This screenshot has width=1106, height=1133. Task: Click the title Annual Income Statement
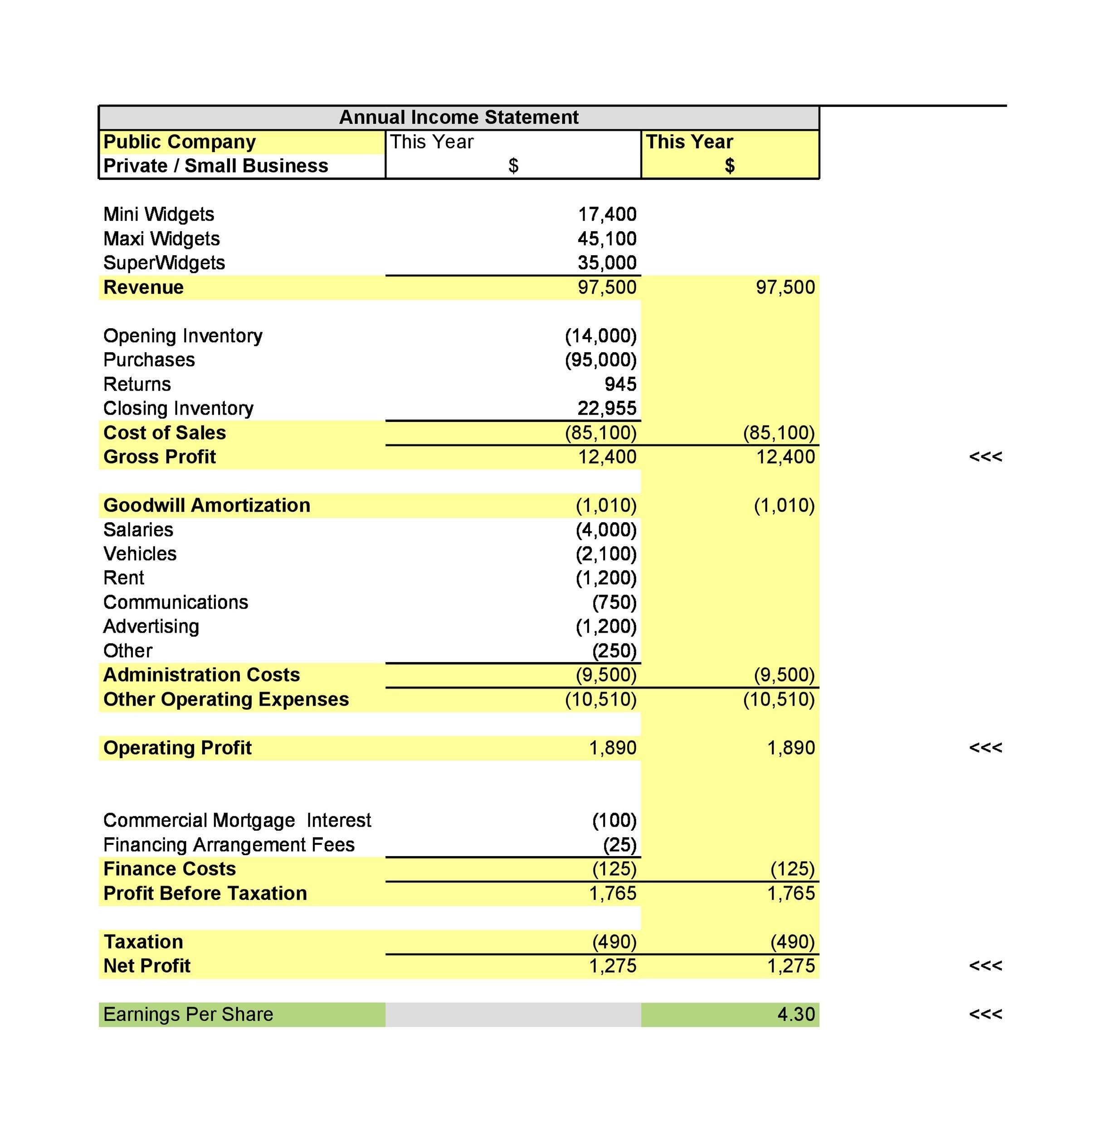(458, 117)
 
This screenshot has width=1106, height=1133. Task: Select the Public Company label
(180, 141)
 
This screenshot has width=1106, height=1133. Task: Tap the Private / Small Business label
(215, 166)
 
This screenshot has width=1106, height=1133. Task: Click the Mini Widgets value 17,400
(607, 214)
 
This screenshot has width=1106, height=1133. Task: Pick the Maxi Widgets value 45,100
(607, 238)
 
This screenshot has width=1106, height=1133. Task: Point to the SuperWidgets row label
(164, 263)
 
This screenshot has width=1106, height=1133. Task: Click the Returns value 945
(620, 384)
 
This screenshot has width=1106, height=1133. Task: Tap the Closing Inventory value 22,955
(607, 409)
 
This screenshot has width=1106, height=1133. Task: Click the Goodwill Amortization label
(207, 506)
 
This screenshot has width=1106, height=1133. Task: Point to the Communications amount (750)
(614, 602)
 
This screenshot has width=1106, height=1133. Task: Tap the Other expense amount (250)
(614, 651)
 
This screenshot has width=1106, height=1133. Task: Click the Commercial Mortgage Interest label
(237, 820)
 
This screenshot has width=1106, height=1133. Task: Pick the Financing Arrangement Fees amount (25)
(620, 844)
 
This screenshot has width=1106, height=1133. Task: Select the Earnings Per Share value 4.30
(796, 1014)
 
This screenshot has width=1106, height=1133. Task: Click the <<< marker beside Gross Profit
(985, 457)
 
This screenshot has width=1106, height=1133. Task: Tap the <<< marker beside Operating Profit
(985, 748)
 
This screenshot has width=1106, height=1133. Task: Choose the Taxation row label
(143, 941)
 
